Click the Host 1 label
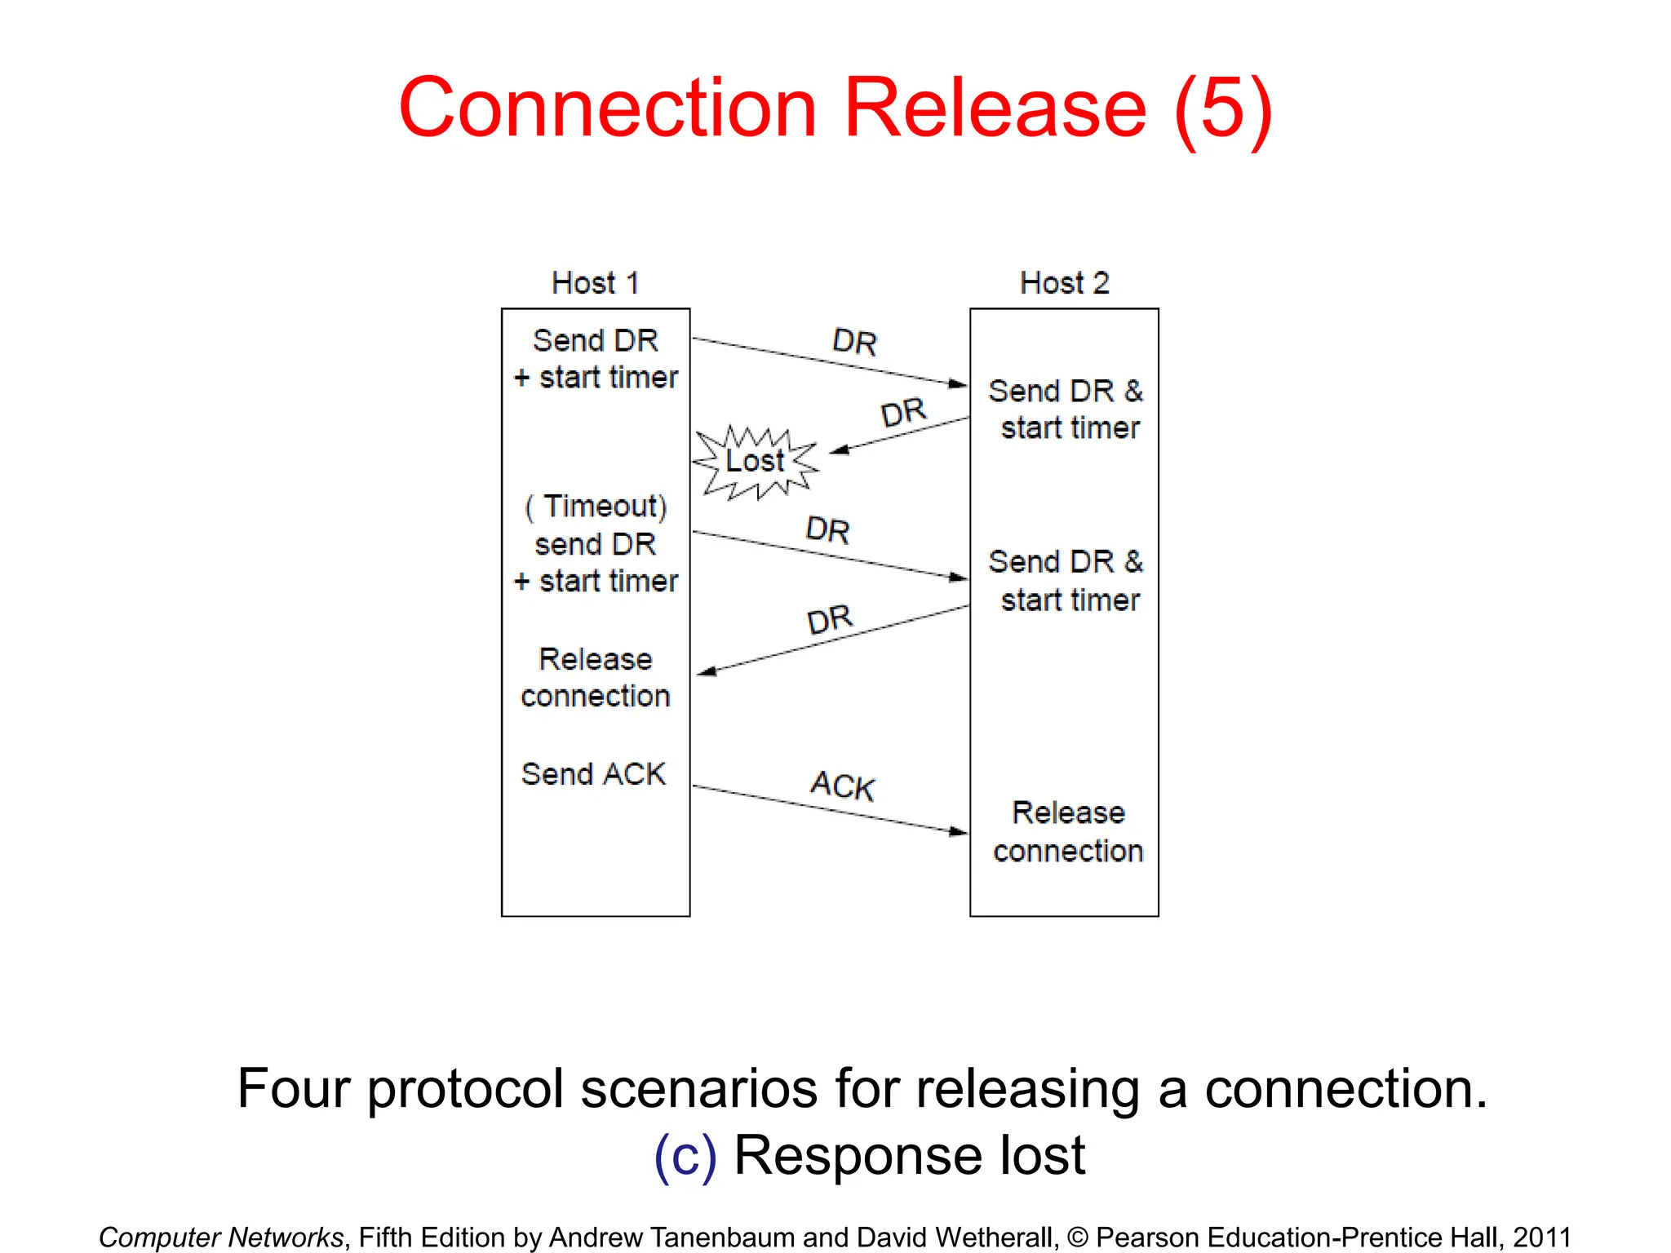click(595, 283)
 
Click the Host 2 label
click(1064, 283)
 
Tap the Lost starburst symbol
click(756, 462)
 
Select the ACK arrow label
click(842, 786)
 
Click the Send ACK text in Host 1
click(593, 773)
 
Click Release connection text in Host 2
click(1067, 831)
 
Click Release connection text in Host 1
click(595, 677)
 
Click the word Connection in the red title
click(608, 108)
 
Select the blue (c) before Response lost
click(685, 1156)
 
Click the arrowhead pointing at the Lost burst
click(839, 449)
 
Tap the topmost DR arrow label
click(854, 342)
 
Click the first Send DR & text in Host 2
click(1065, 391)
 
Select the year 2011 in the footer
click(1541, 1237)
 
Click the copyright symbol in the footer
click(1077, 1238)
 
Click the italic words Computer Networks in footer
click(221, 1237)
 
